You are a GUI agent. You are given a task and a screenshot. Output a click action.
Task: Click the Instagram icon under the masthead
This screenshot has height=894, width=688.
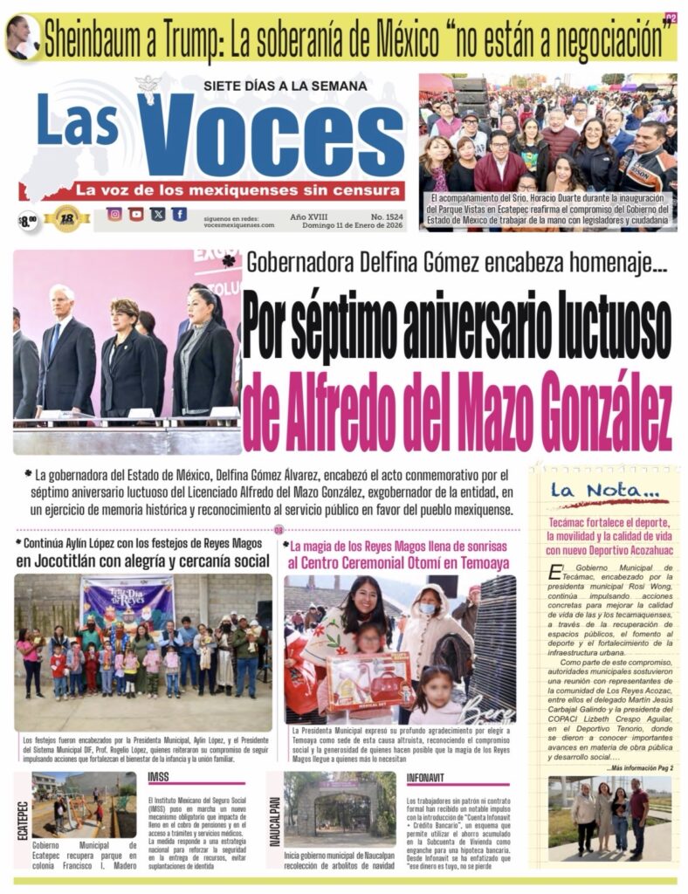(x=114, y=214)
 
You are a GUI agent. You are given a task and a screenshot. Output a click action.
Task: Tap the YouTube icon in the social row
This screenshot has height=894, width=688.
(x=135, y=214)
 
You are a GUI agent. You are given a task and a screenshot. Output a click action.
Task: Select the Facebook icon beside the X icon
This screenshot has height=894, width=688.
(x=178, y=214)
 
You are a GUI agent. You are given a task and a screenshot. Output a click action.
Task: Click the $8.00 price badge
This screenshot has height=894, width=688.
(x=28, y=220)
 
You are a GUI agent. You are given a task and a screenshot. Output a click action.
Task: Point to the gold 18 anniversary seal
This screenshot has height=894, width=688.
(x=67, y=218)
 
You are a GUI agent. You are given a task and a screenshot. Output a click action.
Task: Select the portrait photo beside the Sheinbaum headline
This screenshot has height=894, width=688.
(x=21, y=38)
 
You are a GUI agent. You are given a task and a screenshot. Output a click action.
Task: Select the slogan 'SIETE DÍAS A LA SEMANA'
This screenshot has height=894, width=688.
(x=273, y=86)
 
